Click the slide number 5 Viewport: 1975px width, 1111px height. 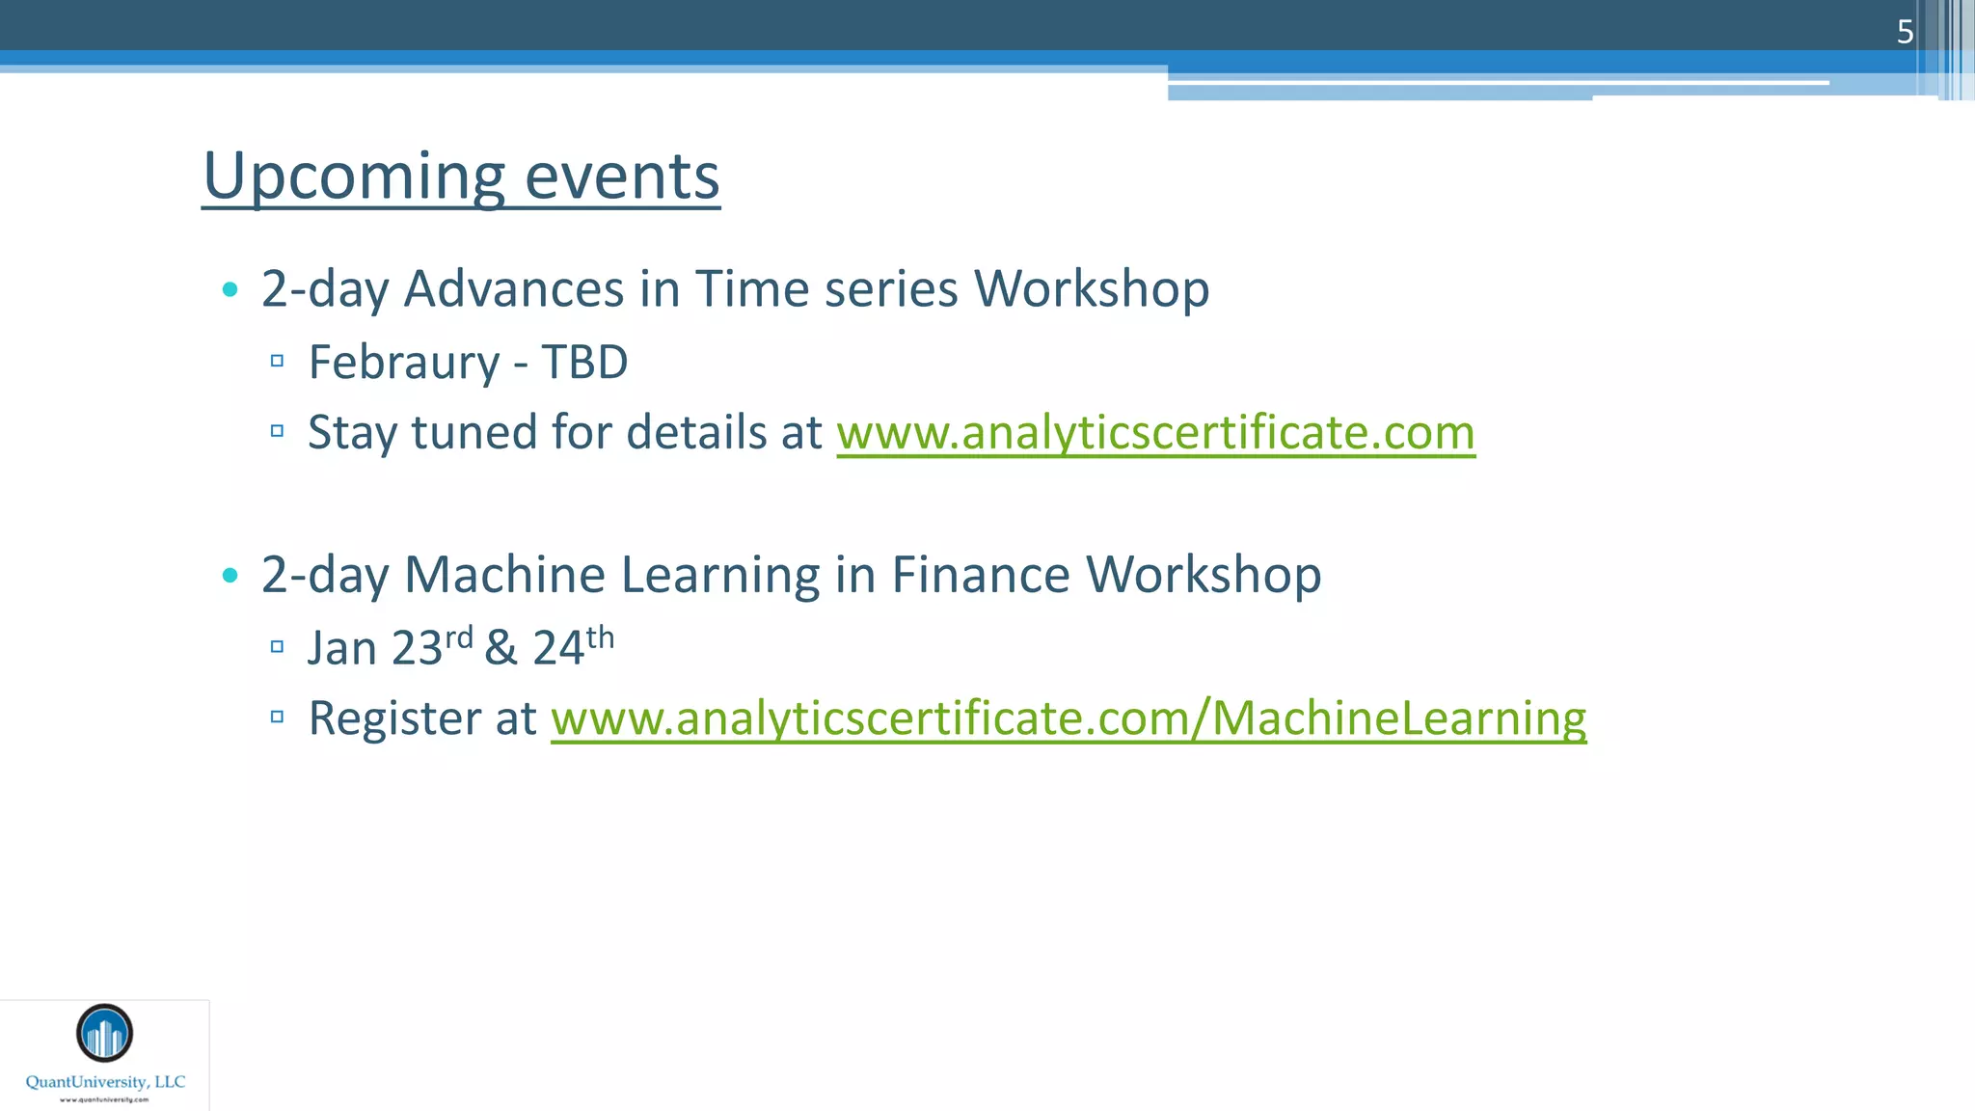coord(1905,32)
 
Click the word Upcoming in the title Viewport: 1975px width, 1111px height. coord(353,176)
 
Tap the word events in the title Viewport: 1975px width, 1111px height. coord(622,176)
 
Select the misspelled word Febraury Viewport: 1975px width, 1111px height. coord(404,364)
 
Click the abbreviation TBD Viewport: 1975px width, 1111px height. coord(584,363)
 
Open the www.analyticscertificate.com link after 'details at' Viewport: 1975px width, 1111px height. coord(1155,432)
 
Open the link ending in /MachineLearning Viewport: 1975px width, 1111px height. coord(1069,718)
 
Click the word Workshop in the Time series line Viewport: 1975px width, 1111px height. coord(1092,288)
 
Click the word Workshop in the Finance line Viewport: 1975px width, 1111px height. coord(1204,575)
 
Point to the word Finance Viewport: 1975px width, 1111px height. coord(980,575)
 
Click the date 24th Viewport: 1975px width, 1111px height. coord(573,646)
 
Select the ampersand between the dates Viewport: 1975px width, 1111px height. coord(501,648)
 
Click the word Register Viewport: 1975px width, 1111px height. coord(394,718)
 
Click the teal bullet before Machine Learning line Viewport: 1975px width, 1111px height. coord(230,576)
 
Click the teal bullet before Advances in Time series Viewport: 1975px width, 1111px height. coord(230,289)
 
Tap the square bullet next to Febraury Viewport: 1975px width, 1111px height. coord(277,361)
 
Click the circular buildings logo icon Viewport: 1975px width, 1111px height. coord(104,1033)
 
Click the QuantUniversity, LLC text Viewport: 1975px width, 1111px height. coord(105,1082)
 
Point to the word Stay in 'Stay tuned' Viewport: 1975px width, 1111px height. coord(351,433)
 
